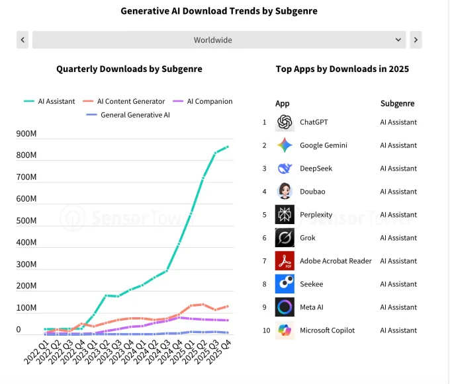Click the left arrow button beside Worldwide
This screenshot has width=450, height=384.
click(x=23, y=40)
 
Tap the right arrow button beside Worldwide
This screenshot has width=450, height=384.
click(x=416, y=40)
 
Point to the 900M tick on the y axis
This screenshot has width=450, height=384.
click(x=26, y=134)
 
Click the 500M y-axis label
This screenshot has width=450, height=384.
click(x=26, y=221)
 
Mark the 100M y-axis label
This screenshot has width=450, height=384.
click(x=26, y=308)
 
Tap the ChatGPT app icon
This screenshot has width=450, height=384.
click(x=285, y=122)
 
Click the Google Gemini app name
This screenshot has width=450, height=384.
click(x=323, y=145)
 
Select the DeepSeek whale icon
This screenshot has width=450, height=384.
click(x=285, y=169)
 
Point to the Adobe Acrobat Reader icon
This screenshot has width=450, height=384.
click(x=285, y=261)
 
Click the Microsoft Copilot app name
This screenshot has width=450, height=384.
click(x=327, y=330)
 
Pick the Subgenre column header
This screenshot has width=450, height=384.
click(x=397, y=104)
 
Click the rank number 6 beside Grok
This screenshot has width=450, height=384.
click(x=264, y=238)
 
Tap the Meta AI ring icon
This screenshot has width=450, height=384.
click(x=285, y=307)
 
